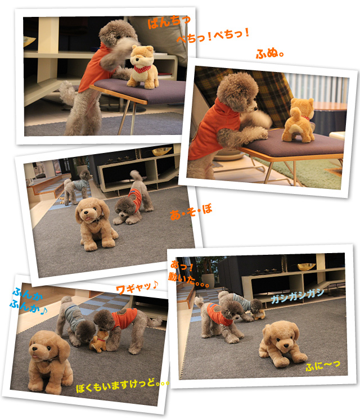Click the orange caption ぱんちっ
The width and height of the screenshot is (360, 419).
[x=169, y=21]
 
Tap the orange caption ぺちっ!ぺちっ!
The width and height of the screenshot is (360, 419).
[x=213, y=35]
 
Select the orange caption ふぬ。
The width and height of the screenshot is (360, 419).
[x=269, y=53]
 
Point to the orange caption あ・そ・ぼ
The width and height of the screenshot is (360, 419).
[x=191, y=212]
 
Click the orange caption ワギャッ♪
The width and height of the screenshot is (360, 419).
[x=137, y=287]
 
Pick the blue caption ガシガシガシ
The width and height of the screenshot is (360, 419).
[x=298, y=296]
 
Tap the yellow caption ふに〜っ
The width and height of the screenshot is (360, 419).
[x=323, y=366]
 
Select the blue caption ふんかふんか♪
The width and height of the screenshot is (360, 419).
[x=28, y=301]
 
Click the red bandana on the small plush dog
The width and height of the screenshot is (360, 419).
[x=142, y=69]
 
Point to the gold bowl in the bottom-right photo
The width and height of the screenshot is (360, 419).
[x=307, y=266]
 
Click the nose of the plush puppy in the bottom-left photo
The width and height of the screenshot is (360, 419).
[x=34, y=349]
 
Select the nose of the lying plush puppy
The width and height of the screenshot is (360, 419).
[x=286, y=345]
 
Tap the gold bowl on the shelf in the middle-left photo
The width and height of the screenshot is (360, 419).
[x=161, y=151]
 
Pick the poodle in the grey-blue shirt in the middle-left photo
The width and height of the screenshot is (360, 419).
[x=76, y=188]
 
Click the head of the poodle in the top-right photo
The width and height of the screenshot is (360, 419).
[x=237, y=91]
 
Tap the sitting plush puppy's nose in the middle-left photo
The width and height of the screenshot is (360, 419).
[x=87, y=213]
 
